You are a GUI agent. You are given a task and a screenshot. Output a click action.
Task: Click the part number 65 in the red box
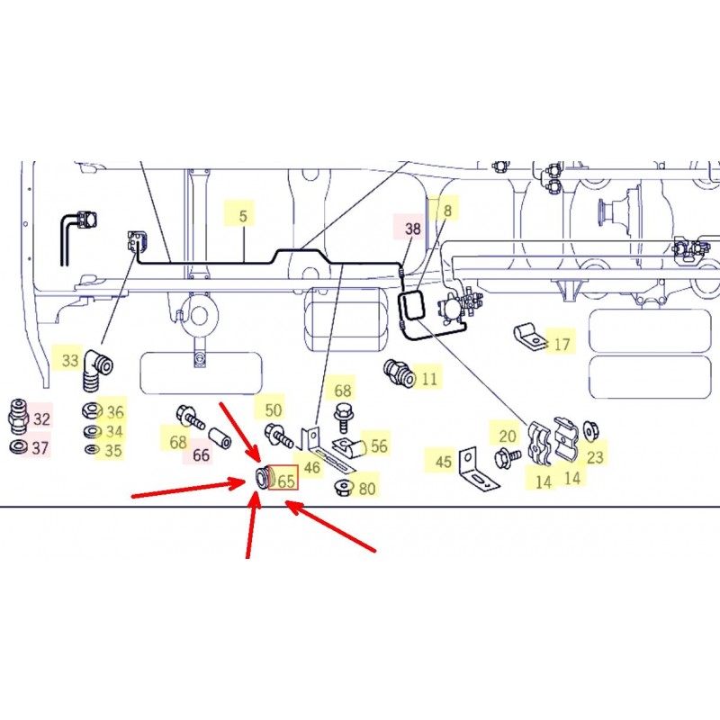286,481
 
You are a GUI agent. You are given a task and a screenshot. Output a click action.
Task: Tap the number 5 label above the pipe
243,216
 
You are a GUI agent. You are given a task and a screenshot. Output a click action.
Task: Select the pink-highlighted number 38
412,229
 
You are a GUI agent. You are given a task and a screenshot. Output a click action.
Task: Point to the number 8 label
447,211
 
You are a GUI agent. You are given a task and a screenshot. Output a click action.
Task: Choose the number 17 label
562,345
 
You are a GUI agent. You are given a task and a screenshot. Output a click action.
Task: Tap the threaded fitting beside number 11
399,373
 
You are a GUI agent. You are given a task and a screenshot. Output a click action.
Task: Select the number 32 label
41,418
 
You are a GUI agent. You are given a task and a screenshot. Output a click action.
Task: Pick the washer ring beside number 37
18,445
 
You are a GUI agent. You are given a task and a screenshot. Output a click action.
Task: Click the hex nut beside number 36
93,410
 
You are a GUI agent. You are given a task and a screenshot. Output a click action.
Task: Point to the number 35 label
113,451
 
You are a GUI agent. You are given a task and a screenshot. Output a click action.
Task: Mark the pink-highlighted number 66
201,455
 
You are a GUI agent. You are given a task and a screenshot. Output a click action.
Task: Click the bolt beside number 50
279,436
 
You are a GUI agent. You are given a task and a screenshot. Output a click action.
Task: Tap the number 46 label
311,467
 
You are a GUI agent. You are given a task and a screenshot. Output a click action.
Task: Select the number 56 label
379,445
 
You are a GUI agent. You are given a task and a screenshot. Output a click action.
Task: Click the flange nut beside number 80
344,487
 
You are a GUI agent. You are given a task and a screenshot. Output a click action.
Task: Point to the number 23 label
595,457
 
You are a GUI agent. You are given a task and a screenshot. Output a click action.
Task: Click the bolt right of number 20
507,459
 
